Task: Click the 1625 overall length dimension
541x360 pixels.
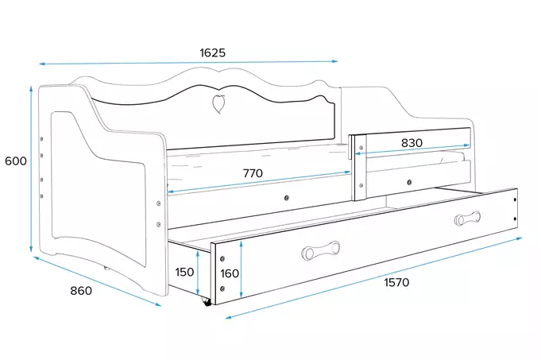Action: (213, 52)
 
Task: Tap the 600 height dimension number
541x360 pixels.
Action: (16, 161)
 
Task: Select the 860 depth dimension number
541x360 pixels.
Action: (81, 291)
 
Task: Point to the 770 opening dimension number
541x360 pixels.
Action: (253, 173)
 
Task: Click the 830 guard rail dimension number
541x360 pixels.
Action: (412, 142)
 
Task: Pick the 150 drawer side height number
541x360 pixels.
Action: (184, 272)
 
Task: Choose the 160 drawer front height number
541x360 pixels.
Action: (230, 273)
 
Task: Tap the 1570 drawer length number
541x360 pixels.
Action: (396, 282)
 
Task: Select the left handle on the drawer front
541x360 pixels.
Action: (320, 250)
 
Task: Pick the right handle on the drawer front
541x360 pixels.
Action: (467, 218)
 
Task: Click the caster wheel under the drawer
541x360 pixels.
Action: (207, 302)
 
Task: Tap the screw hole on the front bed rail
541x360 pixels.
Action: (286, 198)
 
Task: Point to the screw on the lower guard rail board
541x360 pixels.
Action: (409, 182)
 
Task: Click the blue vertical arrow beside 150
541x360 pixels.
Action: (198, 273)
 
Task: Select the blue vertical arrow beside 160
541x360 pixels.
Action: (242, 269)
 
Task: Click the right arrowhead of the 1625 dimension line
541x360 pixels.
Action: (334, 61)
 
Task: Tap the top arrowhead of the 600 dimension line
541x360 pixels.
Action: (31, 89)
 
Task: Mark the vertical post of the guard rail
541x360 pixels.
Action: (360, 168)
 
